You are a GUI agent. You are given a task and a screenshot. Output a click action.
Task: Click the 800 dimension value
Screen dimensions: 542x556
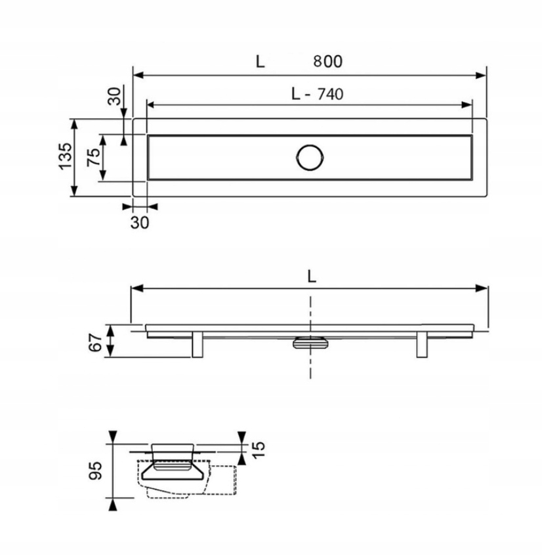tap(328, 61)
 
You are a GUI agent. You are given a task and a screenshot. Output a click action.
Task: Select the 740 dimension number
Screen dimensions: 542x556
tap(330, 94)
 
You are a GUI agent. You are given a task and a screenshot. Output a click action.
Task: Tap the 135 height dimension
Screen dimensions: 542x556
tap(65, 156)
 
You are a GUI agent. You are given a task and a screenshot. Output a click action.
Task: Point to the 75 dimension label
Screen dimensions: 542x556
tap(93, 157)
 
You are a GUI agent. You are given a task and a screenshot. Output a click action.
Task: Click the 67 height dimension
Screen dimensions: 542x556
tap(95, 342)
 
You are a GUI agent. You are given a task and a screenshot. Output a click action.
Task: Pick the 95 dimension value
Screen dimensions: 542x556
tap(95, 471)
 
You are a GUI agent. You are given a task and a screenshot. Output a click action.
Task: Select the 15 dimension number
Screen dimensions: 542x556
tap(259, 450)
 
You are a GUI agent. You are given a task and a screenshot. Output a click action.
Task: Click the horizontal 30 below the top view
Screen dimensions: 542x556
tap(140, 223)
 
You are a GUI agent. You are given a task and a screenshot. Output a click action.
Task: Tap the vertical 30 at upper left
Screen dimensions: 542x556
tap(114, 96)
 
